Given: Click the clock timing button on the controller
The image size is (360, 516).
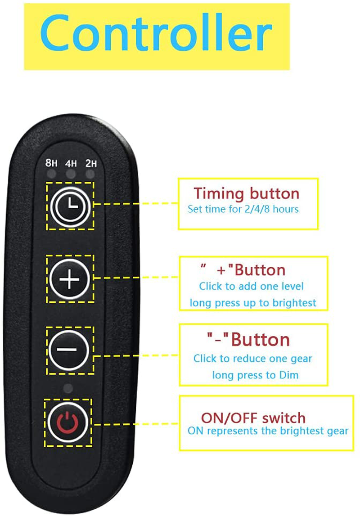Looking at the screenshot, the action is coord(70,206).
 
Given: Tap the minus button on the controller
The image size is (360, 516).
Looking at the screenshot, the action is coord(69,350).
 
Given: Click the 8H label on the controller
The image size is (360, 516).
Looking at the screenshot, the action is coord(51,162).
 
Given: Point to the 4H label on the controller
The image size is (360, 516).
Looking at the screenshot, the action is coord(71,163).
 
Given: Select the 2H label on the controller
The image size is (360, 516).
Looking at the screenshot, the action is coord(91,163).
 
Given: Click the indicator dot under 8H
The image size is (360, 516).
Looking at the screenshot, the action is coord(52,174).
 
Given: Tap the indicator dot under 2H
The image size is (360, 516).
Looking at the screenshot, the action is coord(90,174).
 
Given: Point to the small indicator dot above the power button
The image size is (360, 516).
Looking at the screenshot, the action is coord(68,389).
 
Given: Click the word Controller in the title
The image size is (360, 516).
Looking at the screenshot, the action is coord(156,33).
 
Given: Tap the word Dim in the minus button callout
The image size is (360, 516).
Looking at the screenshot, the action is coord(288,375).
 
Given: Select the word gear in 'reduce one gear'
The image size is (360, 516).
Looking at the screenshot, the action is coord(301,359).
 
